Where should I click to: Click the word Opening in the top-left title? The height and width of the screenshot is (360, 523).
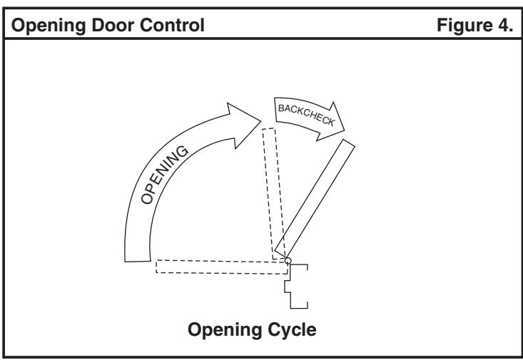(49, 26)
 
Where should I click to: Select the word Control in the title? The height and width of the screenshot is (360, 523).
(171, 25)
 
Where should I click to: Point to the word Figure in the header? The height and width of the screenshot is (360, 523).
(464, 26)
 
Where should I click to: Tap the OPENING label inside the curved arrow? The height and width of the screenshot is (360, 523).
(164, 175)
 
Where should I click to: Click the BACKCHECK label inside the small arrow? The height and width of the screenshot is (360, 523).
(306, 115)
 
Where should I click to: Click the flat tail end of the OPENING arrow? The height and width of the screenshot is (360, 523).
(138, 261)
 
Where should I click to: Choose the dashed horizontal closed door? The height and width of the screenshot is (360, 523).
(222, 267)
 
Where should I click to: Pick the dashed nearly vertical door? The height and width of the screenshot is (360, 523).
(274, 194)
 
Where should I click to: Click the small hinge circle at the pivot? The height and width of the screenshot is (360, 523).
(288, 261)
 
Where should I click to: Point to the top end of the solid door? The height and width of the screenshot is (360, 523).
(349, 143)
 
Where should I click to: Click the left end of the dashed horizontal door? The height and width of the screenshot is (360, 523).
(156, 267)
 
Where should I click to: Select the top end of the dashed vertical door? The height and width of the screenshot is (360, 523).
(268, 128)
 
